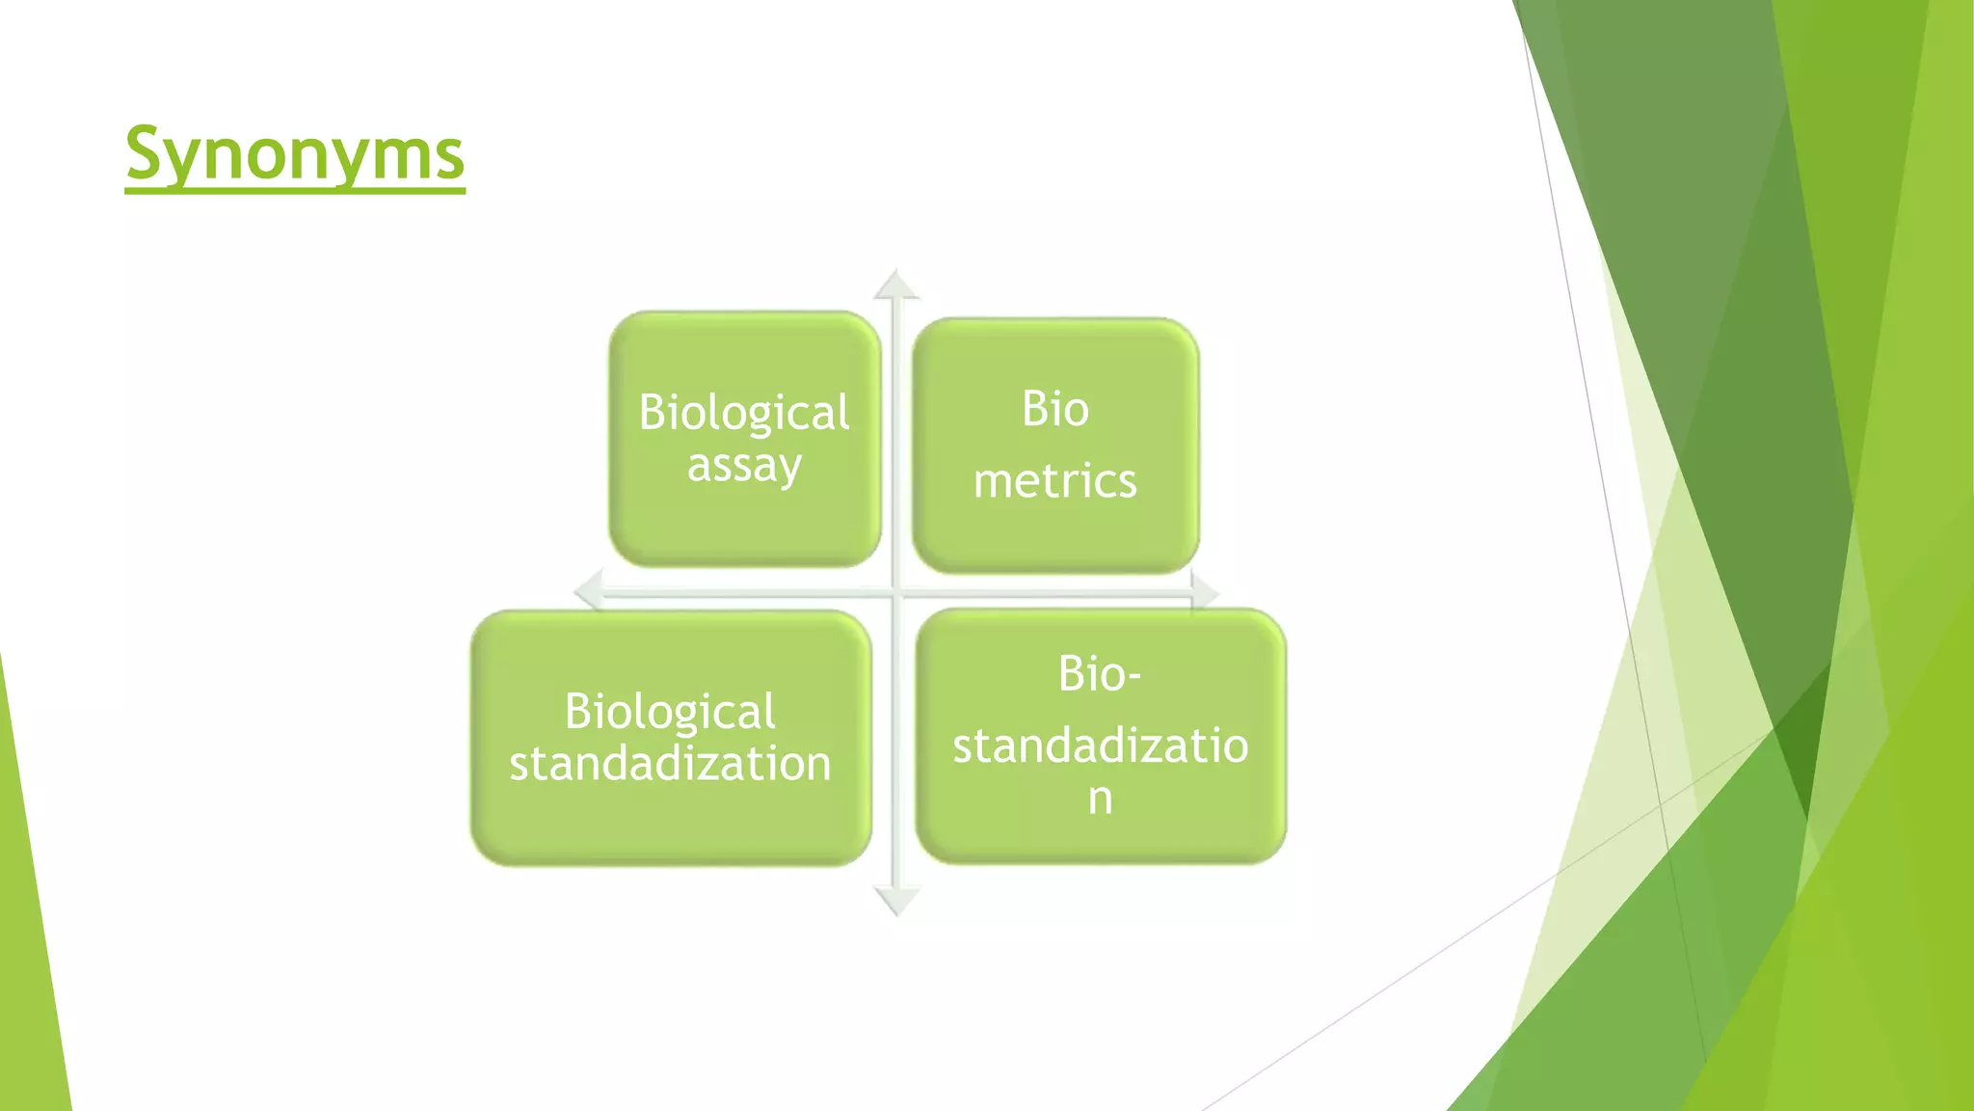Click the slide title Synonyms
[295, 154]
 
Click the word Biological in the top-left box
[743, 413]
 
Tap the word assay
[743, 467]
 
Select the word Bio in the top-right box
[1055, 409]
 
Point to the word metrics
[1055, 480]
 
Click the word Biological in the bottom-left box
[670, 712]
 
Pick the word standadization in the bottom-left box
[670, 764]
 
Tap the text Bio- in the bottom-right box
[1100, 673]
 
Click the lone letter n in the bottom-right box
[1100, 799]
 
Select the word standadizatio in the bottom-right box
[1100, 745]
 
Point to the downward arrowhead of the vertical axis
[896, 902]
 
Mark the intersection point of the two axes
[896, 591]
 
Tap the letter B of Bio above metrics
[1033, 409]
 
